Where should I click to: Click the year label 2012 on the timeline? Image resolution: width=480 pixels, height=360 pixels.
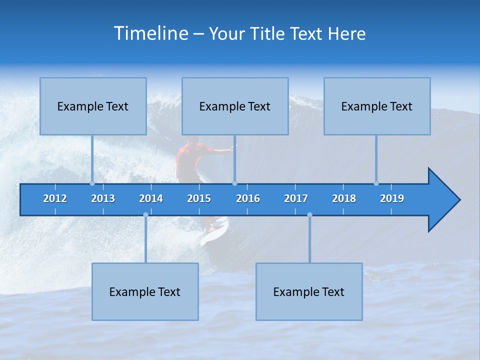[55, 198]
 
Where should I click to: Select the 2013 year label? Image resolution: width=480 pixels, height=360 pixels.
[103, 198]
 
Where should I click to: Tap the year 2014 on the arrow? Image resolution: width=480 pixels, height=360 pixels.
[151, 198]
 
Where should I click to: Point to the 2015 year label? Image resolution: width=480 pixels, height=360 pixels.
[199, 198]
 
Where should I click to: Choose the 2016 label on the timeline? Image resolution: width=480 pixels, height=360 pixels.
[248, 198]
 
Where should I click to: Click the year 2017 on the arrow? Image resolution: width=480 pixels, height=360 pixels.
[296, 198]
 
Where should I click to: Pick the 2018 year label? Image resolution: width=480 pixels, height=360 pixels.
[344, 198]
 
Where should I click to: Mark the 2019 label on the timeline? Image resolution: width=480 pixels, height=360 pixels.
[392, 198]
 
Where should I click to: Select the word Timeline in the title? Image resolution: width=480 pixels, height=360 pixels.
[151, 33]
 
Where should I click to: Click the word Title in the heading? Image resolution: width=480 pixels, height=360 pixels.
[268, 33]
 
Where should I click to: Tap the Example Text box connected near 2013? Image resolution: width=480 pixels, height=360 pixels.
[93, 106]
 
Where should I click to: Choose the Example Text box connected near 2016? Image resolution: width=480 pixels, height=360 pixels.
[235, 106]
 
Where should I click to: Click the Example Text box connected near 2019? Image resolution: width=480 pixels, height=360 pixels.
[377, 106]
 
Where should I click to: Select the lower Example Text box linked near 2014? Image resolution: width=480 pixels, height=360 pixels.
[145, 291]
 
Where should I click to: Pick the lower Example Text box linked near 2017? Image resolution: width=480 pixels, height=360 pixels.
[309, 291]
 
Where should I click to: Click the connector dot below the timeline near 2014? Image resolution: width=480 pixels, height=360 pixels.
[145, 215]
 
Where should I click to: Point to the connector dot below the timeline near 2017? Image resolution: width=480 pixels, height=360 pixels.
[309, 215]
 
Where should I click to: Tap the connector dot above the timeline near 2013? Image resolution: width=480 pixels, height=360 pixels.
[92, 183]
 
